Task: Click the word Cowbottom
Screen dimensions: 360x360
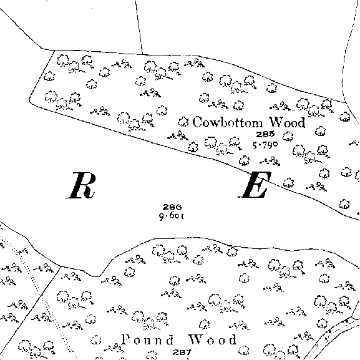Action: [x=227, y=122]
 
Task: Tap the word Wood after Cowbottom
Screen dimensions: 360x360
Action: [x=287, y=122]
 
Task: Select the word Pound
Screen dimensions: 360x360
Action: [x=147, y=339]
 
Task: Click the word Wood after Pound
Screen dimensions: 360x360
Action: [x=212, y=339]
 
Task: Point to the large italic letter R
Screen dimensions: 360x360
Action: [x=81, y=185]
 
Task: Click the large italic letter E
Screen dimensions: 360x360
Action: [x=255, y=184]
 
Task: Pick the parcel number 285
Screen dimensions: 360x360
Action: [x=265, y=134]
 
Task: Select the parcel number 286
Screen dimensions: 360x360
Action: [x=172, y=207]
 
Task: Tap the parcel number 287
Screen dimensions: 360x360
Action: [x=182, y=352]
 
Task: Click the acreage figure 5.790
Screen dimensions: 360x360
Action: [x=265, y=145]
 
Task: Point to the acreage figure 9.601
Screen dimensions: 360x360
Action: [x=172, y=216]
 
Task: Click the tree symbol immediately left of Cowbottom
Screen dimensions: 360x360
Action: [x=183, y=122]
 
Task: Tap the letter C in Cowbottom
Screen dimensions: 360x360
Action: [x=197, y=122]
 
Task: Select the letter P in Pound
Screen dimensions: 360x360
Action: [x=125, y=339]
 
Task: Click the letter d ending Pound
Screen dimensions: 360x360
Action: [x=170, y=339]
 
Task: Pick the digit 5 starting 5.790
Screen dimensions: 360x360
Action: [x=255, y=145]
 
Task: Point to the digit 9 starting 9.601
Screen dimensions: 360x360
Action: [x=162, y=216]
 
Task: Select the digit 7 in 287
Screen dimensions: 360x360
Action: [x=188, y=352]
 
